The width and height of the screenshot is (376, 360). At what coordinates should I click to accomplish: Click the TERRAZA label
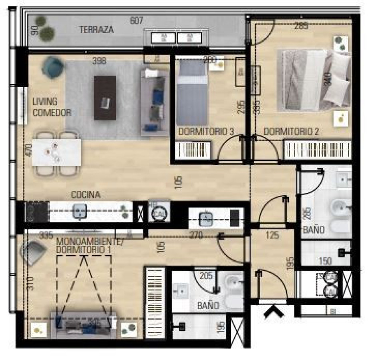pyautogui.click(x=96, y=30)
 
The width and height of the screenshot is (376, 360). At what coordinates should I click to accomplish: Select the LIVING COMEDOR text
pyautogui.click(x=52, y=107)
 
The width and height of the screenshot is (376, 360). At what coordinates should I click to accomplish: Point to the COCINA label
pyautogui.click(x=86, y=195)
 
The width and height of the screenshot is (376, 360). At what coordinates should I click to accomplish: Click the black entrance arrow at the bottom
pyautogui.click(x=273, y=311)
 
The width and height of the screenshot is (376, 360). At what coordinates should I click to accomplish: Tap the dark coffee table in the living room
pyautogui.click(x=105, y=98)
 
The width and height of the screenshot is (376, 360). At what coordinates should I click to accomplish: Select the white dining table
pyautogui.click(x=56, y=152)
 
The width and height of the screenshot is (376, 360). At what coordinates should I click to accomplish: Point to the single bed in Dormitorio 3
pyautogui.click(x=192, y=92)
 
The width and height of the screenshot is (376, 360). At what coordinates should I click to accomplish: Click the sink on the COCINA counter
pyautogui.click(x=80, y=212)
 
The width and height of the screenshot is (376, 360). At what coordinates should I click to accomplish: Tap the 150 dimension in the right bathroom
pyautogui.click(x=326, y=261)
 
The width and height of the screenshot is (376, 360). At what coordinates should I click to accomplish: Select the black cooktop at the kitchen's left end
pyautogui.click(x=31, y=212)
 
